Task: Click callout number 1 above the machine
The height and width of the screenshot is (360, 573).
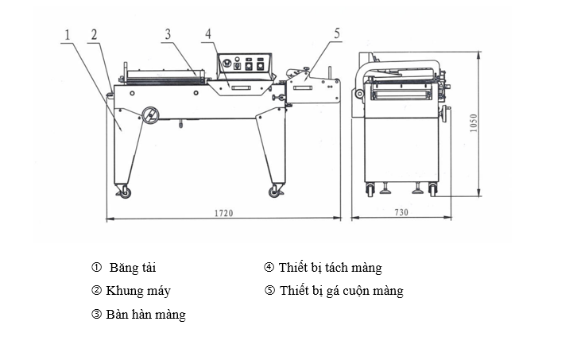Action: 69,35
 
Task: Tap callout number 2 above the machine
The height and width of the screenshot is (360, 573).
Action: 94,35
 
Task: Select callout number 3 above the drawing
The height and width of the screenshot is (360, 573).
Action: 168,34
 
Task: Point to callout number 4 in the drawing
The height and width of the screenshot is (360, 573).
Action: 207,34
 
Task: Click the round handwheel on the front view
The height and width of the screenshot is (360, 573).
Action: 149,116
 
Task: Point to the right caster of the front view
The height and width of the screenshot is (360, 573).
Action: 277,192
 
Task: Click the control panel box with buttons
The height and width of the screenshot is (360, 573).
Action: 246,64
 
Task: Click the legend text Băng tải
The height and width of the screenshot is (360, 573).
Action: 134,268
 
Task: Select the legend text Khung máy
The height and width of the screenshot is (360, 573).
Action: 137,291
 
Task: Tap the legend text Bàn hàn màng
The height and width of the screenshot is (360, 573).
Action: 144,315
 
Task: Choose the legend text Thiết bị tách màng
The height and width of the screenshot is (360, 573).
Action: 330,268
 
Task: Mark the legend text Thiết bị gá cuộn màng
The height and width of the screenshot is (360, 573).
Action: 341,291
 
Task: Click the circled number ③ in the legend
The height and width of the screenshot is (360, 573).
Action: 97,315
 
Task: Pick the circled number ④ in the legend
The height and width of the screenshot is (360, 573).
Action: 269,268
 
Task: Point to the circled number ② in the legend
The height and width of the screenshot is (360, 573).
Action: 97,291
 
